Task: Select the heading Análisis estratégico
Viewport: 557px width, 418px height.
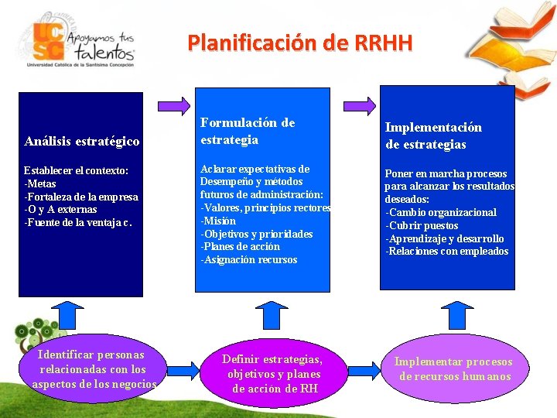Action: tap(82, 141)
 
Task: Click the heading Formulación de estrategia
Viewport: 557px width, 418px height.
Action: tap(248, 131)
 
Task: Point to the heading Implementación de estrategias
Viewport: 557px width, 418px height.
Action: tap(433, 135)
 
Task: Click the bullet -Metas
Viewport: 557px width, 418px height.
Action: tap(41, 183)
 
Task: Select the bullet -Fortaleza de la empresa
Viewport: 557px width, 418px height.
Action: tap(81, 197)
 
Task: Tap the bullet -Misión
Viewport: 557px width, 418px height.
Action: tap(219, 221)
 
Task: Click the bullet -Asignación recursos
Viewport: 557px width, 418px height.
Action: tap(249, 260)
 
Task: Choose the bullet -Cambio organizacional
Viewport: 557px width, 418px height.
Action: tap(441, 212)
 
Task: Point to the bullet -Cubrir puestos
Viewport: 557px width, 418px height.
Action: tap(422, 225)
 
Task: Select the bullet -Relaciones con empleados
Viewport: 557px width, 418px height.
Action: tap(447, 251)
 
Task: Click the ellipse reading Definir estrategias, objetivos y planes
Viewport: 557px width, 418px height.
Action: tap(272, 373)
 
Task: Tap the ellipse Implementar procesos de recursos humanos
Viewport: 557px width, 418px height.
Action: tap(453, 368)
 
